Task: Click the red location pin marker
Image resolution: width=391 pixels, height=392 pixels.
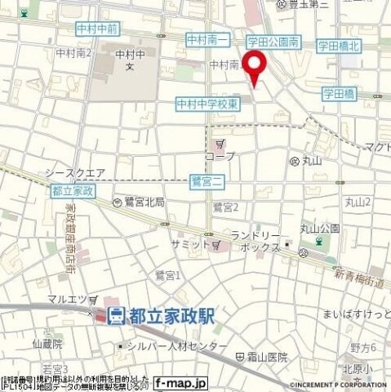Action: (255, 67)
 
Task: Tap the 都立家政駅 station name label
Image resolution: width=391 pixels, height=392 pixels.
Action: (170, 315)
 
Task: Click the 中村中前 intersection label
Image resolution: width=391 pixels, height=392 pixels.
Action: (97, 29)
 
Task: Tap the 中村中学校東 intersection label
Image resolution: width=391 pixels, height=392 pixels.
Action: (207, 104)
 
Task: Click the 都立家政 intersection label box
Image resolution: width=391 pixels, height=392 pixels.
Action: (73, 190)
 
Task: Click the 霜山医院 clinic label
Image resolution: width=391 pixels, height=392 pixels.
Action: (267, 357)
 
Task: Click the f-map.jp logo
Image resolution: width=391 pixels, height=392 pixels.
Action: (180, 381)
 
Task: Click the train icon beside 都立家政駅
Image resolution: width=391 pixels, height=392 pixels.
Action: (116, 315)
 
